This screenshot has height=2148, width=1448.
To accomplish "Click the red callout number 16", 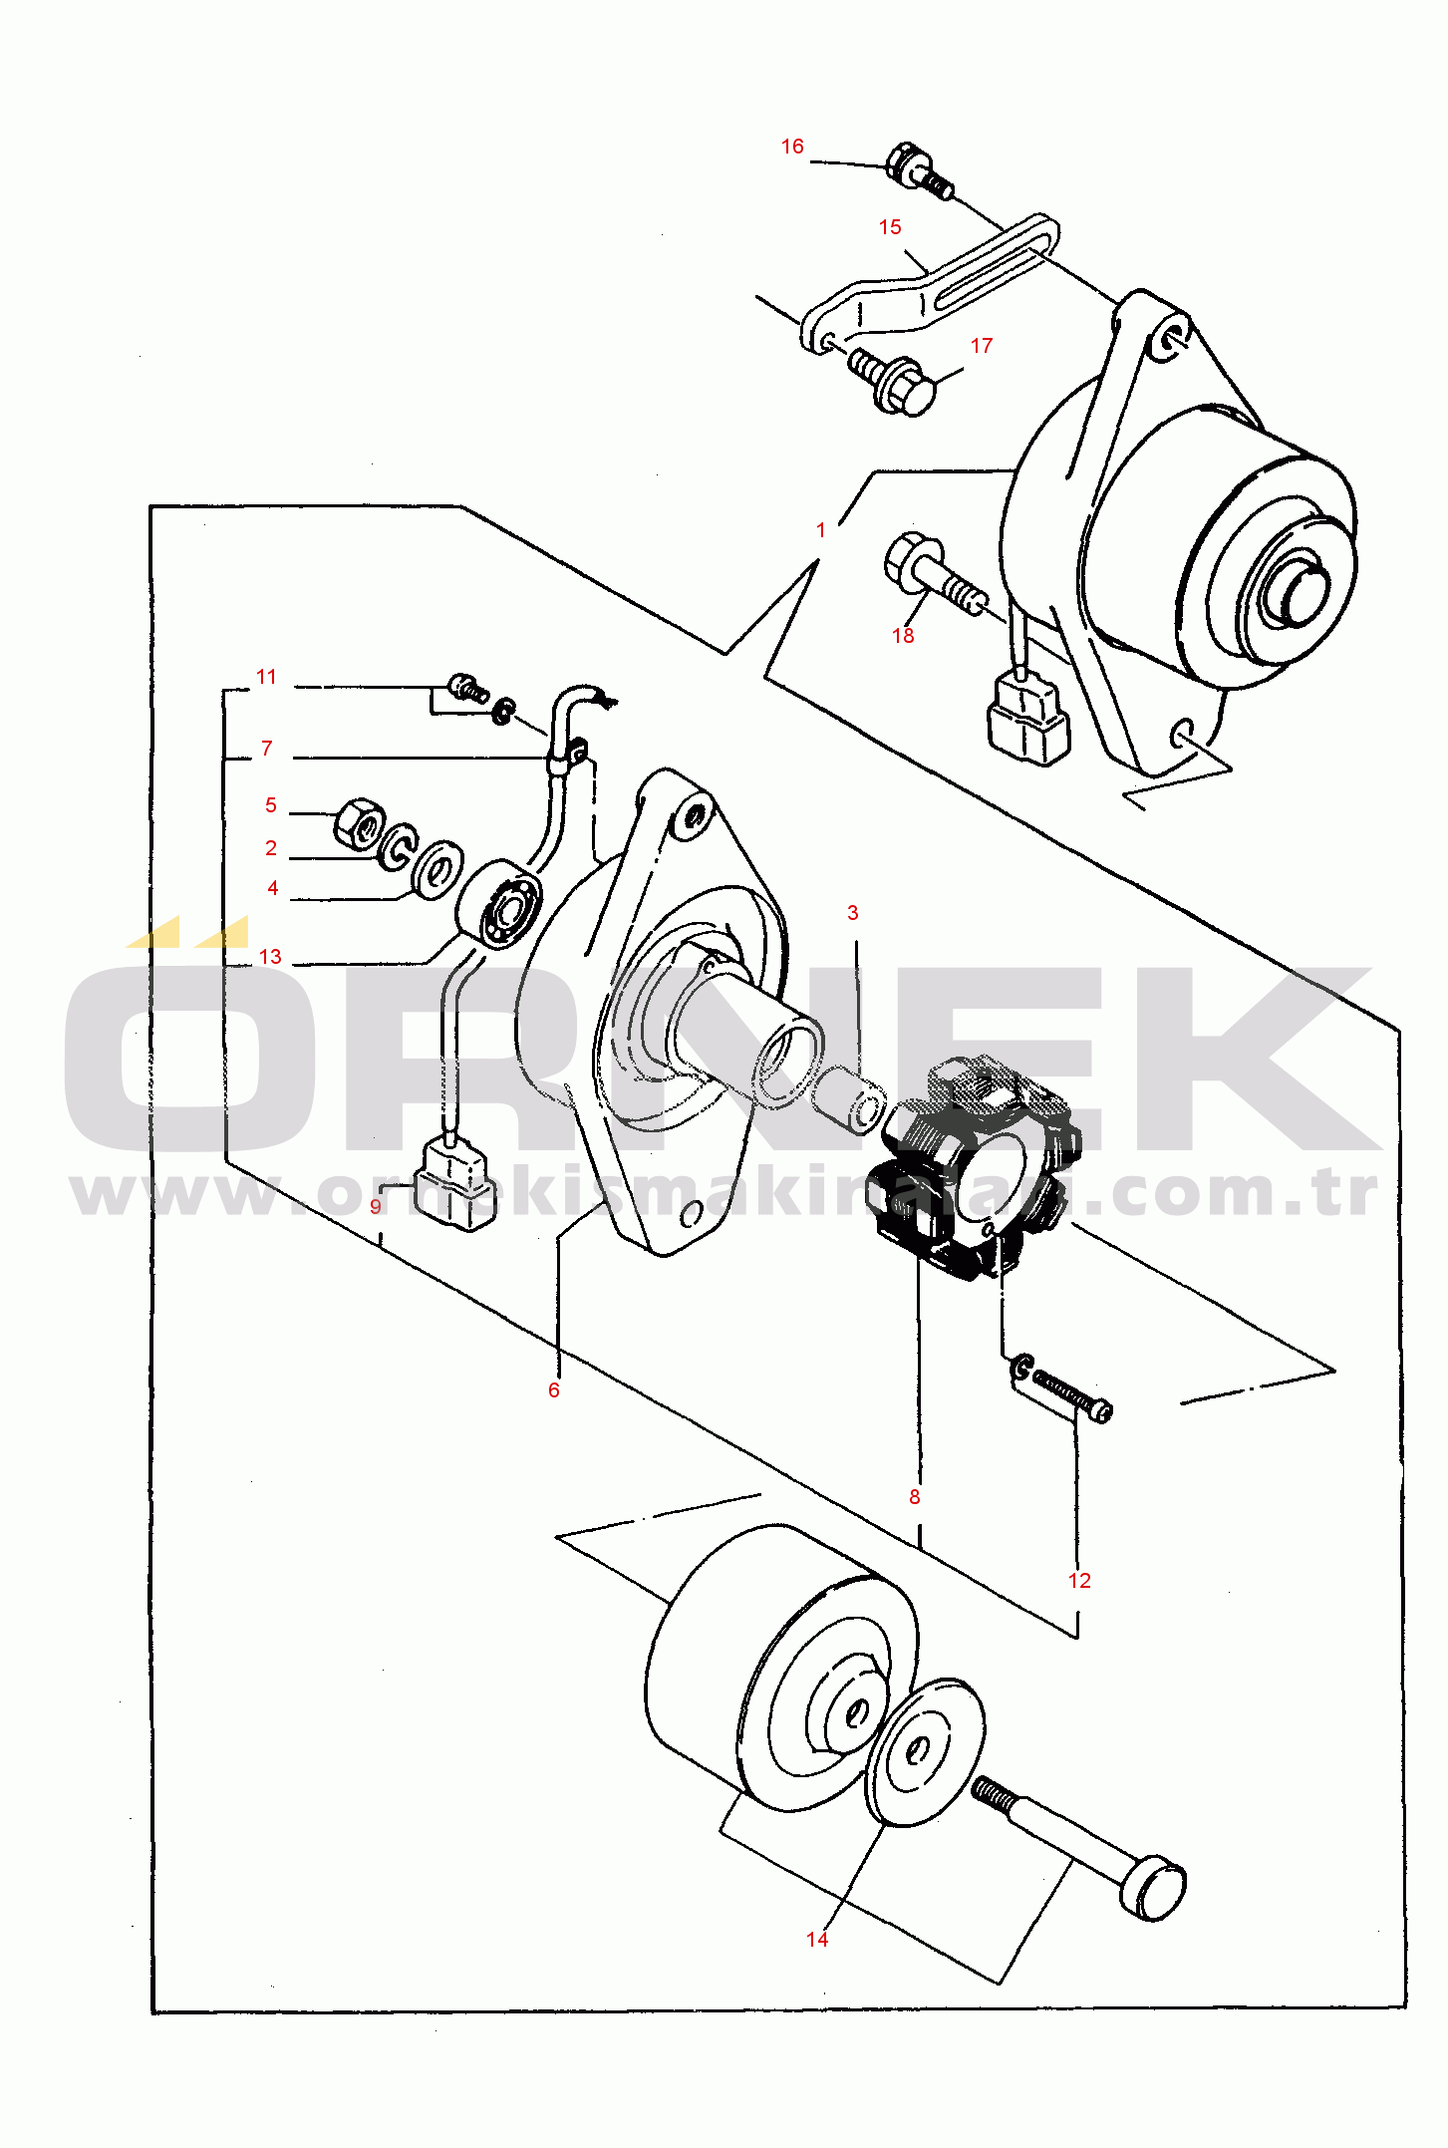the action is tap(792, 147).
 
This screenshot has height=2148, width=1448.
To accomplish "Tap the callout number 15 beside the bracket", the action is tap(890, 227).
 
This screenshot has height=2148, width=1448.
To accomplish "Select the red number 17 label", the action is tap(982, 346).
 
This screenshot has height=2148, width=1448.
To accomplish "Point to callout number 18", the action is tap(903, 636).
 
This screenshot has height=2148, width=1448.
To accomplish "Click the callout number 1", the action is tap(821, 530).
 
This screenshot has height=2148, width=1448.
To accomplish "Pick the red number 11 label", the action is tap(266, 677).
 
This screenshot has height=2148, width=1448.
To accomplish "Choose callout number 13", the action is tap(270, 957).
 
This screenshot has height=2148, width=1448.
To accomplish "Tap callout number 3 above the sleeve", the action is tap(852, 913).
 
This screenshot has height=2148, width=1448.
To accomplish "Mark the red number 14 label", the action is tap(817, 1939).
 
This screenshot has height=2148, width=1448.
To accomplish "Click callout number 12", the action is tap(1079, 1581).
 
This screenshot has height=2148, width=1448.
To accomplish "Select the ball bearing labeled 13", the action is tap(499, 905).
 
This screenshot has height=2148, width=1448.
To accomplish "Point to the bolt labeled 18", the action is tap(935, 575).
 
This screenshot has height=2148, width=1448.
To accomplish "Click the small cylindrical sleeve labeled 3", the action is tap(849, 1098).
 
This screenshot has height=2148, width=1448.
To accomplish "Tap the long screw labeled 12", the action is tap(1062, 1386).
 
